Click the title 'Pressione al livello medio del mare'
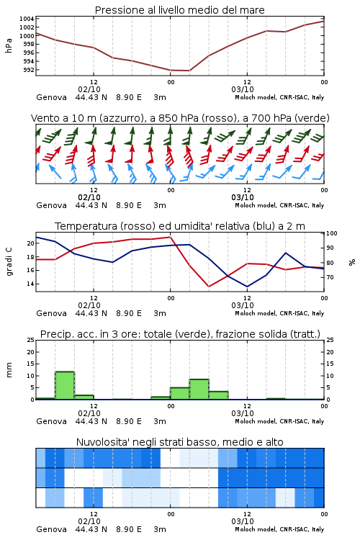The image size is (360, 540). pos(179,10)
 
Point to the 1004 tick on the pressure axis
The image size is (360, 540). pos(27,19)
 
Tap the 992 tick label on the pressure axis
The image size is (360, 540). pos(29,70)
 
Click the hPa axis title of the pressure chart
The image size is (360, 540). pos(9,45)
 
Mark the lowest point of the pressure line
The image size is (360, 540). pos(189,71)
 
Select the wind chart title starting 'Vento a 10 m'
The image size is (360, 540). pos(180,118)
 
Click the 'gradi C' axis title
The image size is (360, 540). pos(9,261)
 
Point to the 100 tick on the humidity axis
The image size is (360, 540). pos(332,233)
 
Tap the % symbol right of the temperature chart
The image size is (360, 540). pos(352,262)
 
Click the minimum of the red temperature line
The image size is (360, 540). pos(209,287)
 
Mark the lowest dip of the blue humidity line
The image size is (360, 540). pos(247,287)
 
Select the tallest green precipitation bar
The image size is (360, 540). pos(65,385)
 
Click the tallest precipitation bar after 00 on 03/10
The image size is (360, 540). pos(199,389)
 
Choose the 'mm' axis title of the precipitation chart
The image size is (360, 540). pos(9,369)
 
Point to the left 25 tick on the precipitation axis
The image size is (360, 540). pos(31,340)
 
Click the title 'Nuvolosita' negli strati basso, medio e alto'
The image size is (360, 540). pos(179,442)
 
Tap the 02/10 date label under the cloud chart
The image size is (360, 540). pos(89,521)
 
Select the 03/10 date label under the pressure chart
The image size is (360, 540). pos(243,89)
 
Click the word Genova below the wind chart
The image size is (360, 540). pos(51,205)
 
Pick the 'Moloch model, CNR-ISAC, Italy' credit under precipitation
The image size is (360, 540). pos(279,421)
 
